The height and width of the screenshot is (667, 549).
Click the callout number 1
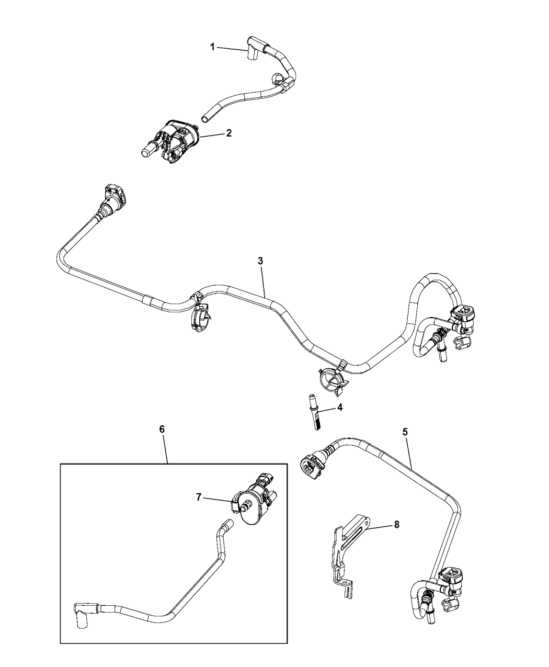point(212,47)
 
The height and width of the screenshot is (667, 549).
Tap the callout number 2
point(228,133)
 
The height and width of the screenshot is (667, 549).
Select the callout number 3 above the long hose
point(260,260)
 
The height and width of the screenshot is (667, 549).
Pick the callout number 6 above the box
point(162,428)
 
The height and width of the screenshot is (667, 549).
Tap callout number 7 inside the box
point(199,498)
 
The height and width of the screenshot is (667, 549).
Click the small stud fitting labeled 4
point(316,410)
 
